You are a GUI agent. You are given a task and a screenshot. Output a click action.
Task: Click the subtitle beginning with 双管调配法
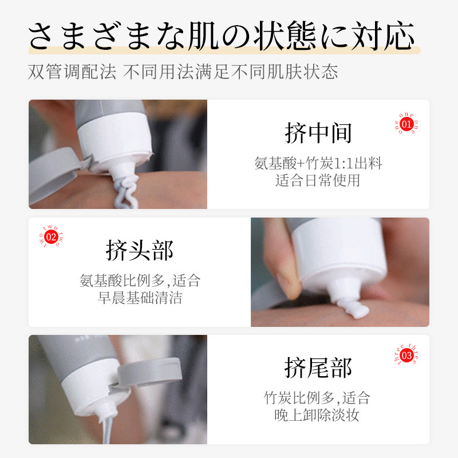pyautogui.click(x=183, y=72)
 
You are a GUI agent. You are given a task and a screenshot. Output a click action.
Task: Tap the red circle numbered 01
pyautogui.click(x=407, y=124)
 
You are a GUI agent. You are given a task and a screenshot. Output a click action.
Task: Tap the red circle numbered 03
pyautogui.click(x=407, y=356)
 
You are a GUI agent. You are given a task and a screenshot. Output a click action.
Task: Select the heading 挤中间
pyautogui.click(x=318, y=133)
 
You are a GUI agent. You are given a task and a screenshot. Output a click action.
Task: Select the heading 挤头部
pyautogui.click(x=140, y=250)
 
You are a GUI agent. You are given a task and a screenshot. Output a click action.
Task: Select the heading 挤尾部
pyautogui.click(x=318, y=368)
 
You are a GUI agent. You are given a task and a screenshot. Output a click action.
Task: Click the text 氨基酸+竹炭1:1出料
pyautogui.click(x=318, y=164)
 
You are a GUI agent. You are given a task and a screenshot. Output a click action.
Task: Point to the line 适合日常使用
pyautogui.click(x=318, y=181)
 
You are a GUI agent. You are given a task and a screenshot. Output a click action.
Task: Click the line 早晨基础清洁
pyautogui.click(x=140, y=298)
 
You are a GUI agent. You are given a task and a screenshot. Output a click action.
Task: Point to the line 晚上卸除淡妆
pyautogui.click(x=318, y=415)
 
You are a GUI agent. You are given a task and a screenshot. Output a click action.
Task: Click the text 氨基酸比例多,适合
pyautogui.click(x=140, y=281)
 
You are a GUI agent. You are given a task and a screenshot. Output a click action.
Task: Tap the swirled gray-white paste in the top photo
pyautogui.click(x=125, y=192)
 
